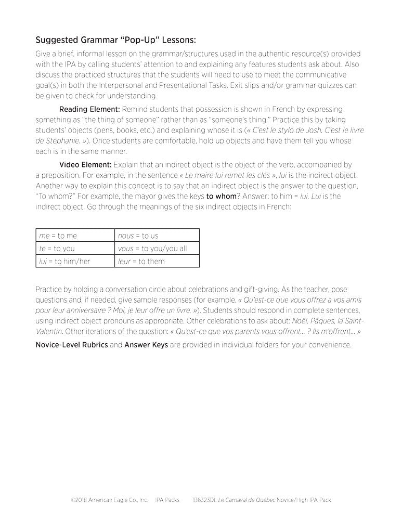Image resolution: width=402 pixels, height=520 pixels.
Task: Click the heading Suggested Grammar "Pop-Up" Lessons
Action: click(x=115, y=40)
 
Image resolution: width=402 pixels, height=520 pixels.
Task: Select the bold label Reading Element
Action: click(x=89, y=109)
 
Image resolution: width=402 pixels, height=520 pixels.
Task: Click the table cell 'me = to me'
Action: click(x=58, y=236)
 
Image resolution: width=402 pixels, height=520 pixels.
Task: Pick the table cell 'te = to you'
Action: click(x=57, y=249)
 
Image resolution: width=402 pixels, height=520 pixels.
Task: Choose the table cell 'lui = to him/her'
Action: click(x=64, y=261)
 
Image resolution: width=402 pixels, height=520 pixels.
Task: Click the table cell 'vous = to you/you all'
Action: click(x=152, y=249)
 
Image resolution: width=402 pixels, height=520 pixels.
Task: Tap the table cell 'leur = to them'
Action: click(x=141, y=261)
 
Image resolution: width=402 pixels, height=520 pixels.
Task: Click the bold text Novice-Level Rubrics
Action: click(x=72, y=345)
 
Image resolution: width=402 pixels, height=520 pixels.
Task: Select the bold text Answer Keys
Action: click(x=146, y=345)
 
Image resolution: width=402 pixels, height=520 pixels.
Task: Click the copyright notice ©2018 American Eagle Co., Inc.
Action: click(x=110, y=500)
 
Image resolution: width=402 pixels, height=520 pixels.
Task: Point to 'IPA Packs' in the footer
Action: click(x=167, y=500)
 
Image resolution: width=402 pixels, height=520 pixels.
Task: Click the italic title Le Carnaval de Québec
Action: click(x=248, y=500)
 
